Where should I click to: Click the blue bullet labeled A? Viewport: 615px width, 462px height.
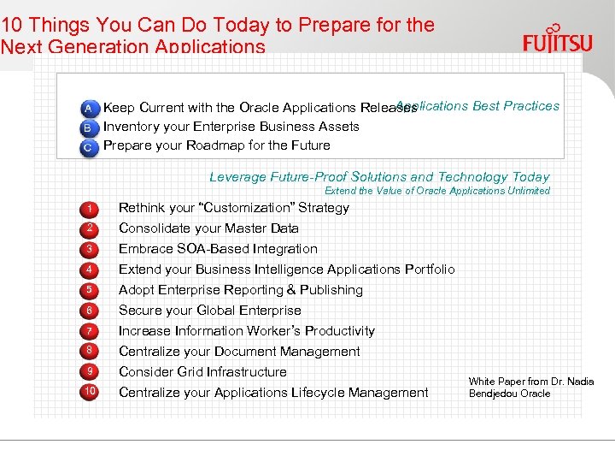(89, 109)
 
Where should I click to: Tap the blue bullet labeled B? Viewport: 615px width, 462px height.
(89, 127)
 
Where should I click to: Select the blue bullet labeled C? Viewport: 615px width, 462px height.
(89, 147)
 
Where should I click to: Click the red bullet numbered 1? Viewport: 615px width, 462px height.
(90, 209)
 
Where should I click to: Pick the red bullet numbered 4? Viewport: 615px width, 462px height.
(90, 270)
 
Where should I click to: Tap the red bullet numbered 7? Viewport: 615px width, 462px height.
(90, 331)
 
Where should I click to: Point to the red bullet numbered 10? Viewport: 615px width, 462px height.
(90, 392)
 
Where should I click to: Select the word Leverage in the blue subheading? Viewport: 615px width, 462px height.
(237, 177)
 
